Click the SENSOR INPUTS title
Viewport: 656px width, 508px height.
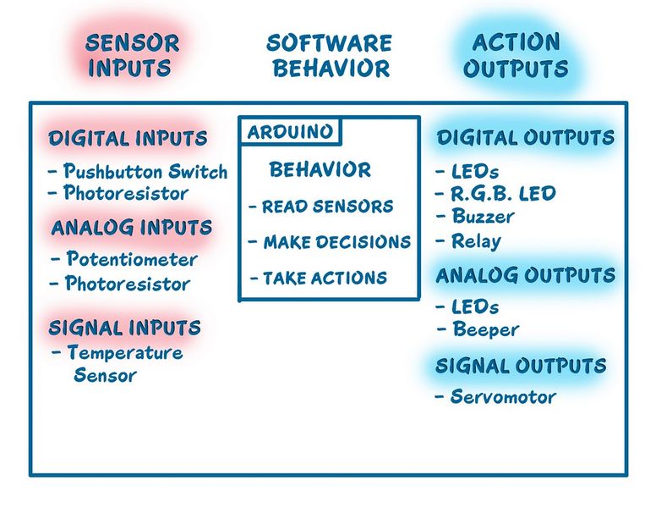(x=132, y=55)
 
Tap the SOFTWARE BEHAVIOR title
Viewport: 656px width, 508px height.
(x=330, y=56)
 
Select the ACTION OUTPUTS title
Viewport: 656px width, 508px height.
(x=516, y=55)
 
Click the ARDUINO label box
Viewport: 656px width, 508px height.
(x=290, y=132)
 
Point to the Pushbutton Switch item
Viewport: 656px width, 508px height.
(x=145, y=171)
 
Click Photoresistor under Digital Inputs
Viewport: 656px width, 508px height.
(x=125, y=193)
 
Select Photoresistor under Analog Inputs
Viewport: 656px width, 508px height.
(x=128, y=284)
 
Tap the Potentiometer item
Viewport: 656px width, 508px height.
(x=132, y=258)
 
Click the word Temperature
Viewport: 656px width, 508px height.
(x=125, y=352)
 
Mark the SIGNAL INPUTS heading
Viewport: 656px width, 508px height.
(x=124, y=328)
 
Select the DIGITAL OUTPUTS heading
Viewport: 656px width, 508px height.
(x=526, y=137)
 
